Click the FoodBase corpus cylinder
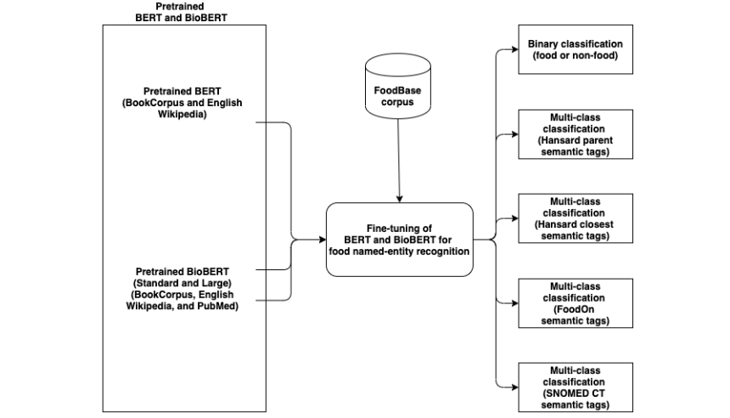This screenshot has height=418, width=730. (397, 86)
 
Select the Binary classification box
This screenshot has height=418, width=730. (576, 49)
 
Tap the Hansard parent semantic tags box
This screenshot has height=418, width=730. (576, 134)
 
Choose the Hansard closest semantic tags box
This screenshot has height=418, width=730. (576, 218)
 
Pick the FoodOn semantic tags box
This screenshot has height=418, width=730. (576, 303)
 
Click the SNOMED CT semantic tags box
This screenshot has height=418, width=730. (576, 387)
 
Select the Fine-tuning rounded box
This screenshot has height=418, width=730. (400, 240)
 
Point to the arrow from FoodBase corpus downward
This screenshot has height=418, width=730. (398, 161)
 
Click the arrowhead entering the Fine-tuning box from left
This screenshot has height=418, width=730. (323, 240)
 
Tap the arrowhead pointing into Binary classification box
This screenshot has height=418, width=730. (515, 49)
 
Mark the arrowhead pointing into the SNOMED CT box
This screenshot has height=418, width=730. (515, 387)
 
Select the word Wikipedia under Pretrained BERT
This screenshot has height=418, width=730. (182, 114)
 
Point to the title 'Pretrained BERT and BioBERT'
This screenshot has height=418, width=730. (181, 12)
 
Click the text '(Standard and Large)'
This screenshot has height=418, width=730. (182, 283)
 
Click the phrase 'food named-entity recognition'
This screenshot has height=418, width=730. (399, 251)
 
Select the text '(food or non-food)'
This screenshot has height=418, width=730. (576, 55)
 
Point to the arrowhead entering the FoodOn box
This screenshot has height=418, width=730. (515, 303)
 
